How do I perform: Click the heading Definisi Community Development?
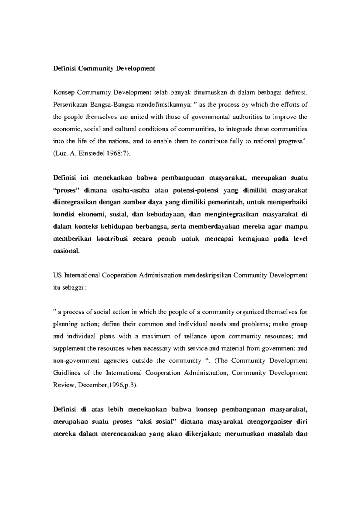tap(104, 68)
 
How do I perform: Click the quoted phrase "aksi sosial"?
tap(158, 421)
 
